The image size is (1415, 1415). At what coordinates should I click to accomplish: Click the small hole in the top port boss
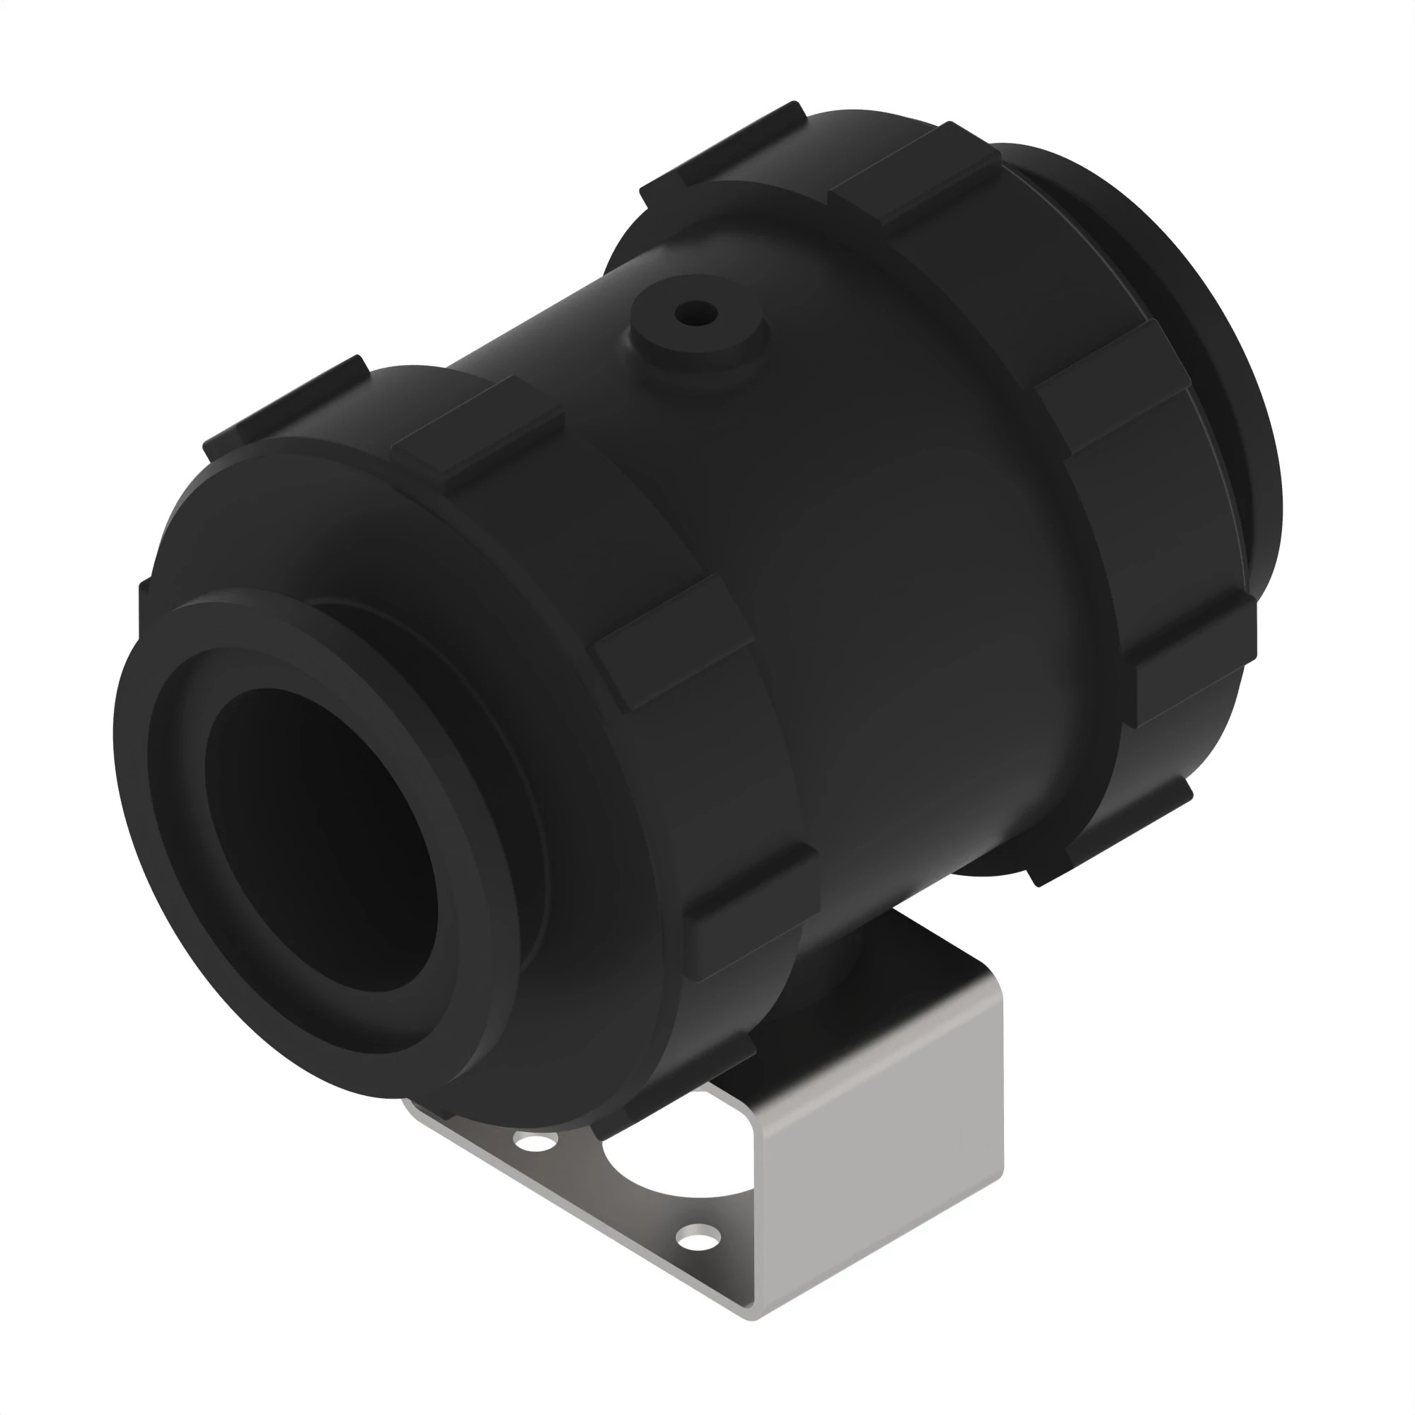pos(695,314)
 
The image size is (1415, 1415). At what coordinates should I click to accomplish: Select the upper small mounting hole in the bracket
pos(536,1142)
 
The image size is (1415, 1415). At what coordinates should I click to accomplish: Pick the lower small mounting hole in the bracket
pos(698,1239)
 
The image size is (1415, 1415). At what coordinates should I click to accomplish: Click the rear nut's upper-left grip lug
pos(725,143)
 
